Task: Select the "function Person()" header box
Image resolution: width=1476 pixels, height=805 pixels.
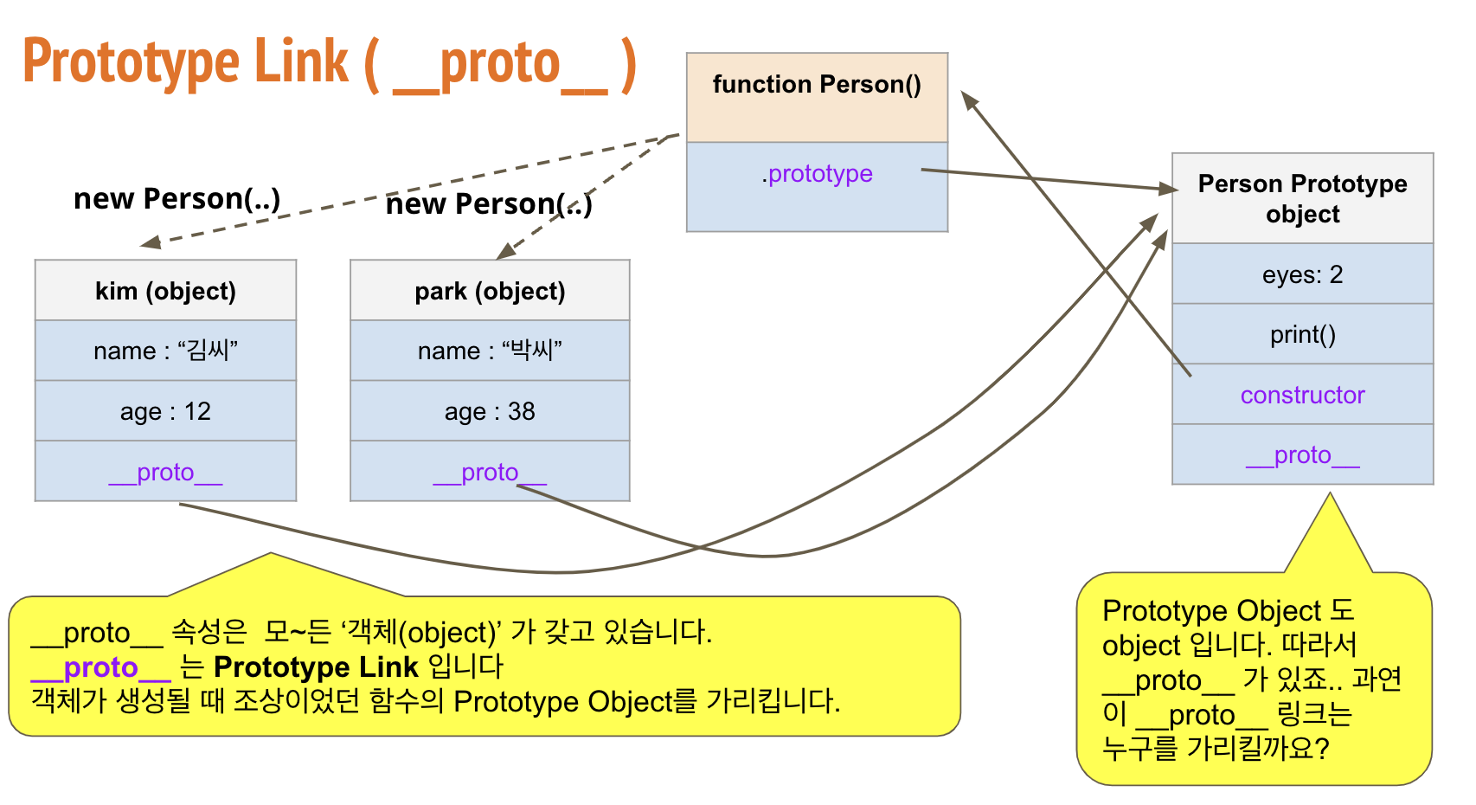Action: click(817, 97)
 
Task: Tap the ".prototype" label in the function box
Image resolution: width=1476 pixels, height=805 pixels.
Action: click(818, 174)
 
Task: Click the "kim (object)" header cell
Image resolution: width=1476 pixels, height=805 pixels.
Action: click(165, 291)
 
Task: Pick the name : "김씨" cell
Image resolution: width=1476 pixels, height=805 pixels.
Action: click(165, 351)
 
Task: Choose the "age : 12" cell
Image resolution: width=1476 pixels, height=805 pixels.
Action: click(165, 411)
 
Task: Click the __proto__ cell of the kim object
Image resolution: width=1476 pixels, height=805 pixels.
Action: click(165, 472)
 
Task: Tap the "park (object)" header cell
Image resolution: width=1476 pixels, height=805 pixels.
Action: click(490, 291)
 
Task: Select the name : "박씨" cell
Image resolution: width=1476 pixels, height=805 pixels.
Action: click(490, 351)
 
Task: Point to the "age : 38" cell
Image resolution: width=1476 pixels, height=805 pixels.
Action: click(490, 411)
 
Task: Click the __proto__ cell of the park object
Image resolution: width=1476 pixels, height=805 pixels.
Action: click(490, 472)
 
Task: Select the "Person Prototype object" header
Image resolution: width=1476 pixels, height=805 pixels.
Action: click(1302, 199)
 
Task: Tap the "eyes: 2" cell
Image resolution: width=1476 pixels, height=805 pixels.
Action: click(1302, 274)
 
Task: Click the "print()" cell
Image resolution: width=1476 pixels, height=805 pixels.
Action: click(1302, 334)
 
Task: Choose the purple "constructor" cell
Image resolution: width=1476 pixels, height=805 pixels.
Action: click(1302, 395)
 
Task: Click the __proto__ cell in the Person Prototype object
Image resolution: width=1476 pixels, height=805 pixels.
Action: click(1302, 454)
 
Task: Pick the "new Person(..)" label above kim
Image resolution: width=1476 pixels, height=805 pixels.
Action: click(177, 199)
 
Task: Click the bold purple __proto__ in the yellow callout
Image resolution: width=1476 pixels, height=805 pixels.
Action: click(100, 667)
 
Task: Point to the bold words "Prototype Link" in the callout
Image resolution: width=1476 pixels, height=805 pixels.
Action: click(316, 667)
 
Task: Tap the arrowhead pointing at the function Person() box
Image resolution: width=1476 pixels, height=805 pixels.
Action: click(970, 100)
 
